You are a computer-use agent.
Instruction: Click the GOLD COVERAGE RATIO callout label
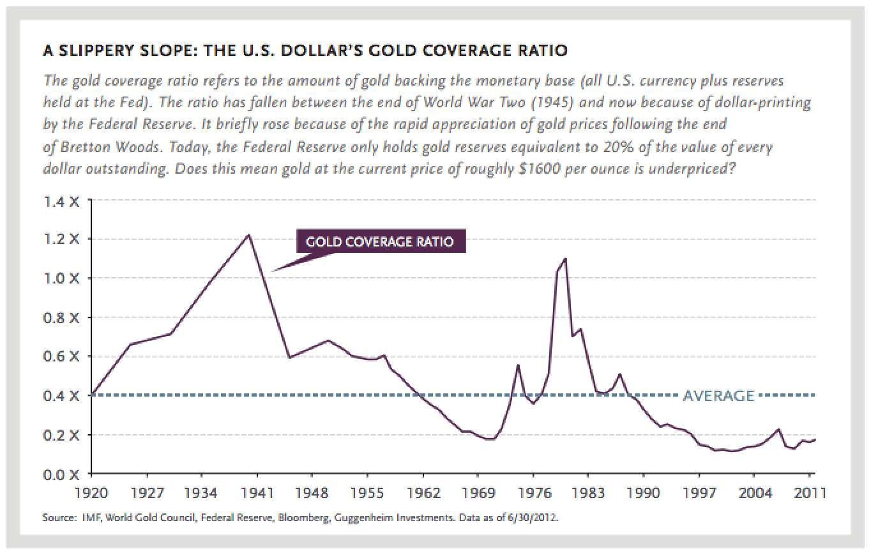pos(380,242)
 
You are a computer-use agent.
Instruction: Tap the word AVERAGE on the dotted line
pos(718,396)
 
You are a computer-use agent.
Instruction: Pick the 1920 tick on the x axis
pos(92,494)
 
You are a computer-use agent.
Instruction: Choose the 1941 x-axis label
pos(257,494)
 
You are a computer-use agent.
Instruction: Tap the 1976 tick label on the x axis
pos(533,494)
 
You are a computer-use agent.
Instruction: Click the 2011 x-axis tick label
pos(808,494)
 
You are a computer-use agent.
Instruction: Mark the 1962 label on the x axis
pos(423,494)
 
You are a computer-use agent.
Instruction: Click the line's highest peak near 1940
pos(249,234)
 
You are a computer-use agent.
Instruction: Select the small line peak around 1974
pos(518,365)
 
